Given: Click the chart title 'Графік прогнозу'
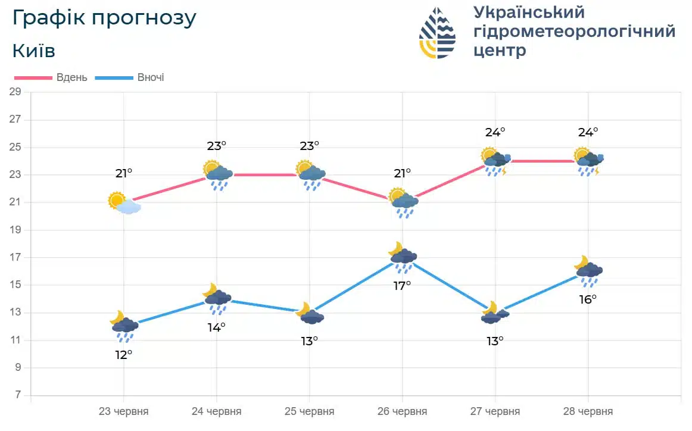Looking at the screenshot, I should click(x=104, y=18).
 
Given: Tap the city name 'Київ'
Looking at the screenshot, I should click(x=34, y=51).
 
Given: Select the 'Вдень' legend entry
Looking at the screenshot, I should click(x=71, y=77).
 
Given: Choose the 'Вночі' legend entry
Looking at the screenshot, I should click(x=150, y=77).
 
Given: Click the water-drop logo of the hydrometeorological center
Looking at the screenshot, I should click(x=438, y=33).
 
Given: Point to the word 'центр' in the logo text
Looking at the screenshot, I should click(x=500, y=51).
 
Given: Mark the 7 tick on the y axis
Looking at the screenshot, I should click(x=18, y=395).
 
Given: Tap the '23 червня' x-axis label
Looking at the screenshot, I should click(x=123, y=411).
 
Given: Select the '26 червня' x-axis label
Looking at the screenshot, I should click(x=402, y=411).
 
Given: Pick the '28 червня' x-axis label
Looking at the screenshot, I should click(x=588, y=411).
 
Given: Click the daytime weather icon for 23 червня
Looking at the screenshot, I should click(x=124, y=203).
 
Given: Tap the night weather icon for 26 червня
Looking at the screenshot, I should click(x=403, y=257).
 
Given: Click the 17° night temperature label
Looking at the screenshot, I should click(x=402, y=286).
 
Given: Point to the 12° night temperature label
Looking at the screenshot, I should click(x=123, y=355).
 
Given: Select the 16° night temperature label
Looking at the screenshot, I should click(x=588, y=299).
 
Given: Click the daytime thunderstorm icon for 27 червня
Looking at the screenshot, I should click(x=495, y=162).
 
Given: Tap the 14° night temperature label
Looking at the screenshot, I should click(x=216, y=327).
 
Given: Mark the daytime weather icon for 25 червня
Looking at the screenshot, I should click(x=310, y=174).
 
